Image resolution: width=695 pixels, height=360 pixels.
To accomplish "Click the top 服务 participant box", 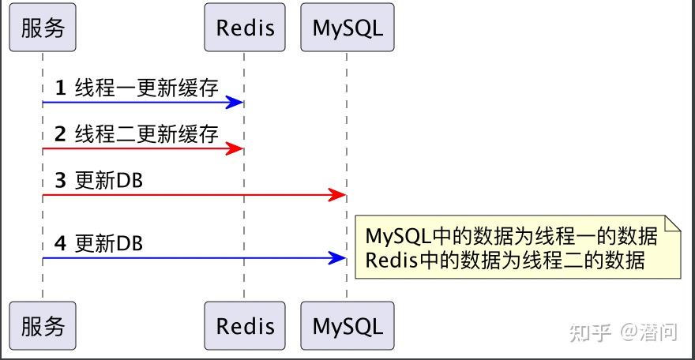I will click(x=43, y=28).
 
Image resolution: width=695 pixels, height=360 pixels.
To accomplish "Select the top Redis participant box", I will click(x=245, y=28).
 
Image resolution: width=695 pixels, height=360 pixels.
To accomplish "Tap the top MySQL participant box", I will click(x=347, y=28).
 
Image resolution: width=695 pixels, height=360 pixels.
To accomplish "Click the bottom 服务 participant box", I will click(x=43, y=325).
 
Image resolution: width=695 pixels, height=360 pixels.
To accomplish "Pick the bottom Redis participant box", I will click(x=245, y=325).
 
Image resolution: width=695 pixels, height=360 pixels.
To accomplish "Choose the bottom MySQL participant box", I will click(x=347, y=325).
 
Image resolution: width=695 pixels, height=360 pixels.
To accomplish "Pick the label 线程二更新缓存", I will click(x=146, y=134).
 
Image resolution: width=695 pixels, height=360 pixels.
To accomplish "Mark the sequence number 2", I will click(x=60, y=134).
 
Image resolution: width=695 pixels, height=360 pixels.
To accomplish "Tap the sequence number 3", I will click(x=60, y=181).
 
